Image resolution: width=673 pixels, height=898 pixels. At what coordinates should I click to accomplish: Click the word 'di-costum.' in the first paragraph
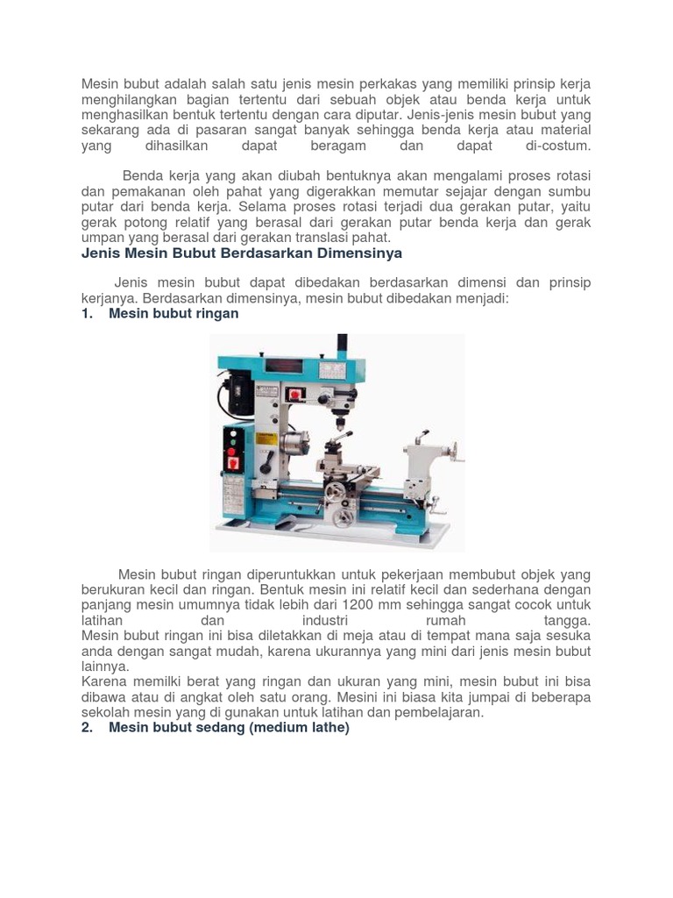tap(553, 146)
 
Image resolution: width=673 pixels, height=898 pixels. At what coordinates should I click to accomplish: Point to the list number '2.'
tap(88, 728)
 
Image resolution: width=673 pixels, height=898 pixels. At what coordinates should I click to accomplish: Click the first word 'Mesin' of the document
tap(99, 84)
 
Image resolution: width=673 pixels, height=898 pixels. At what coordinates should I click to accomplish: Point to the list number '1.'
tap(88, 313)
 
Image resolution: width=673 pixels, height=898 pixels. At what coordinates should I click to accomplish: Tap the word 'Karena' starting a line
tap(103, 681)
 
